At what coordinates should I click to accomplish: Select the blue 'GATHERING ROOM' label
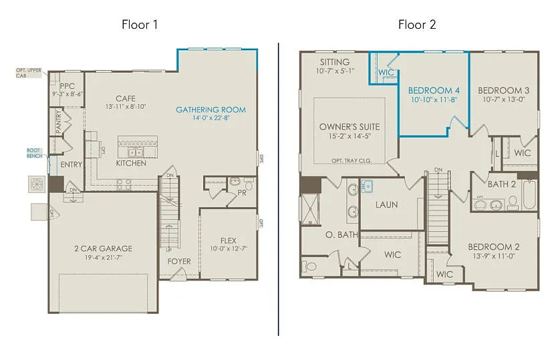point(211,110)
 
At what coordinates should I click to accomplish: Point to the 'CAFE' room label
point(126,98)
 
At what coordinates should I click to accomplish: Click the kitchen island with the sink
point(137,144)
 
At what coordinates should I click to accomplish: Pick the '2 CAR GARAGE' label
point(103,248)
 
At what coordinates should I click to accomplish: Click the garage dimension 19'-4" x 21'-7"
point(103,258)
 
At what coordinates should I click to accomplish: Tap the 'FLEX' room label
point(229,240)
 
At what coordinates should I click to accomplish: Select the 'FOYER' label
point(179,261)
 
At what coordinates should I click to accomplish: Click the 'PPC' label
point(67,86)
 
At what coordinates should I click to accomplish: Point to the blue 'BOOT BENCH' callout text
point(34,152)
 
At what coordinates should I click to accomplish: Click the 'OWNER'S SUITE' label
point(349,126)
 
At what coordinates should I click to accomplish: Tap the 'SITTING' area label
point(335,61)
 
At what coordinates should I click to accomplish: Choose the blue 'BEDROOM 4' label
point(434,90)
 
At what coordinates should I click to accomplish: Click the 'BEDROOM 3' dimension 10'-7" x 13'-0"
point(504,100)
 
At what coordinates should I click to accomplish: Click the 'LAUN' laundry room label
point(386,204)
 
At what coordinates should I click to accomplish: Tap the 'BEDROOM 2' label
point(494,246)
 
